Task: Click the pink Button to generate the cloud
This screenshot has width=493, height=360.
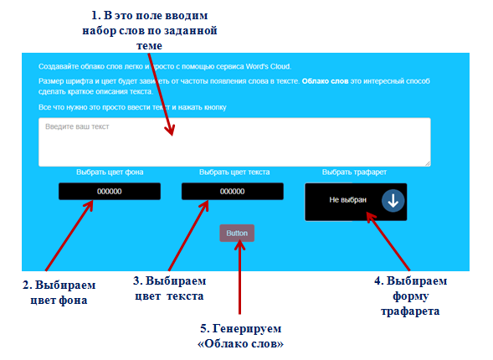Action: [x=237, y=233]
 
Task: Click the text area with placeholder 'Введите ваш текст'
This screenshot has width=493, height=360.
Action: [x=234, y=142]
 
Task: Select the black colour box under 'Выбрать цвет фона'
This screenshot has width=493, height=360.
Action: [x=110, y=191]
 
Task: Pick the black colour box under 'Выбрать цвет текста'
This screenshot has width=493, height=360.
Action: [x=233, y=191]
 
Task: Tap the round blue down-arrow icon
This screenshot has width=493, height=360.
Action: [x=393, y=201]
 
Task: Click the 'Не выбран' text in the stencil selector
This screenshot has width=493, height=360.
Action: [x=347, y=199]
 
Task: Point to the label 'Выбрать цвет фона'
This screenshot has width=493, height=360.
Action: [x=110, y=172]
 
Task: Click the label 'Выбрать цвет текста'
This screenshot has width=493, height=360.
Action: [x=234, y=172]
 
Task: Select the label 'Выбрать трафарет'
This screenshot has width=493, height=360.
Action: [x=354, y=172]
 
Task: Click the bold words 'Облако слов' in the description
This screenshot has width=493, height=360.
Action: [x=325, y=81]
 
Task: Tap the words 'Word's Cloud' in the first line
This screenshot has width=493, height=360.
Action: [x=268, y=66]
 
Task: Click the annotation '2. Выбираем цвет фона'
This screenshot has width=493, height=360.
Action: [x=59, y=292]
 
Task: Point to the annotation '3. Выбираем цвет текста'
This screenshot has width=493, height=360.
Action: [x=169, y=288]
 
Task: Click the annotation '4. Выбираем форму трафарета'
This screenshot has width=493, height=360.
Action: [x=410, y=296]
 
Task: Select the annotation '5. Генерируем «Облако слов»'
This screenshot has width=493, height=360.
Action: [x=240, y=336]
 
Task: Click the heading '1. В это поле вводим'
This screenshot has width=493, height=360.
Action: [x=150, y=15]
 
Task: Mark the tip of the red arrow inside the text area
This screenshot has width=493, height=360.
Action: [x=172, y=136]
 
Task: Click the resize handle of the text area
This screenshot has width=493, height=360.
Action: [x=428, y=163]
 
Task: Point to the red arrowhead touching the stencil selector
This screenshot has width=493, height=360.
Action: [x=370, y=217]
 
